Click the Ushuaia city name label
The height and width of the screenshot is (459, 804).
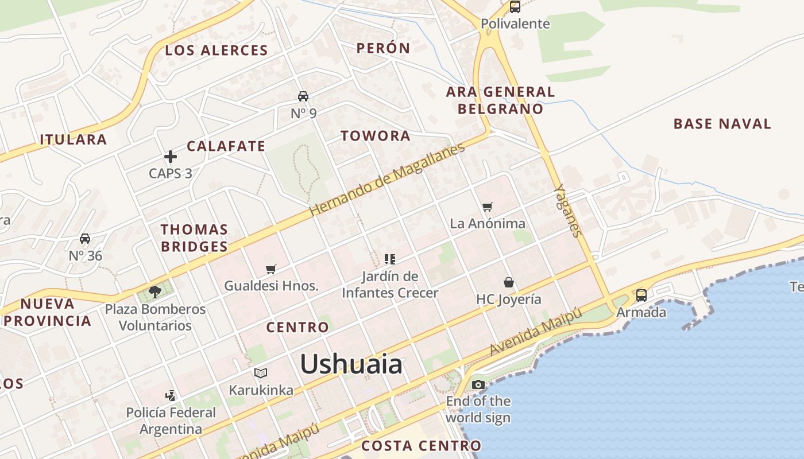[351, 364]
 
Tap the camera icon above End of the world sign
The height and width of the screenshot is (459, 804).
[478, 384]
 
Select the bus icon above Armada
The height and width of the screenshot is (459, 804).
[641, 295]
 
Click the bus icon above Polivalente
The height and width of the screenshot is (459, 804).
[515, 7]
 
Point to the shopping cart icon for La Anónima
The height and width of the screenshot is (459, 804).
[487, 207]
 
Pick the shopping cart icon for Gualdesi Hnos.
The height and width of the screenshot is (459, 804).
[271, 269]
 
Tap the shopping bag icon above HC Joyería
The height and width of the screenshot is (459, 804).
[509, 282]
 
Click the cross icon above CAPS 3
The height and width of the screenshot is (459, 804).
[170, 156]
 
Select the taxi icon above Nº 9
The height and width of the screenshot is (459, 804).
[303, 96]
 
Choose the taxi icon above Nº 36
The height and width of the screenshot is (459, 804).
[85, 239]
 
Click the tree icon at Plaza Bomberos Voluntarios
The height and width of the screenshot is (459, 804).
[154, 292]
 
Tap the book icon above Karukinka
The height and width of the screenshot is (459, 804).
[261, 374]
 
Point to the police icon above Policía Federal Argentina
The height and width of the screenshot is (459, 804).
[170, 395]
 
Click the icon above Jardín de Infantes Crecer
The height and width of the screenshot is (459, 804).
[390, 259]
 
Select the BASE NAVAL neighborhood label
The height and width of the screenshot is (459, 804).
[722, 123]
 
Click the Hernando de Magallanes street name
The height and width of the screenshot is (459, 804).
[387, 180]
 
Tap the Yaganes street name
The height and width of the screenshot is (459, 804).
[568, 211]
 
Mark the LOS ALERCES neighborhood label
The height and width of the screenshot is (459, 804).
[217, 50]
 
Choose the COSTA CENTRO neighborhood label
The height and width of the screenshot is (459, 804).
[421, 445]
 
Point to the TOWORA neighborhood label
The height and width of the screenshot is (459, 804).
[376, 136]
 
